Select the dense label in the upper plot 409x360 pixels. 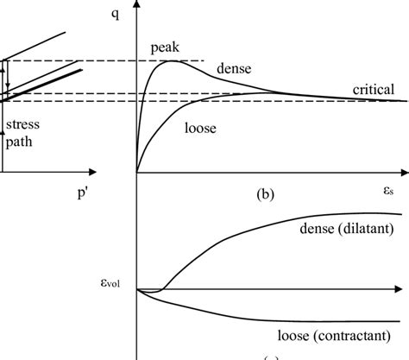click(x=233, y=67)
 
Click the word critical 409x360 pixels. click(x=373, y=89)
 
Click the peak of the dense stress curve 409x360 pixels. click(x=177, y=60)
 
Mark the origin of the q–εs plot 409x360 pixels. click(x=137, y=172)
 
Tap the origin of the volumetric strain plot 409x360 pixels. click(x=137, y=289)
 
